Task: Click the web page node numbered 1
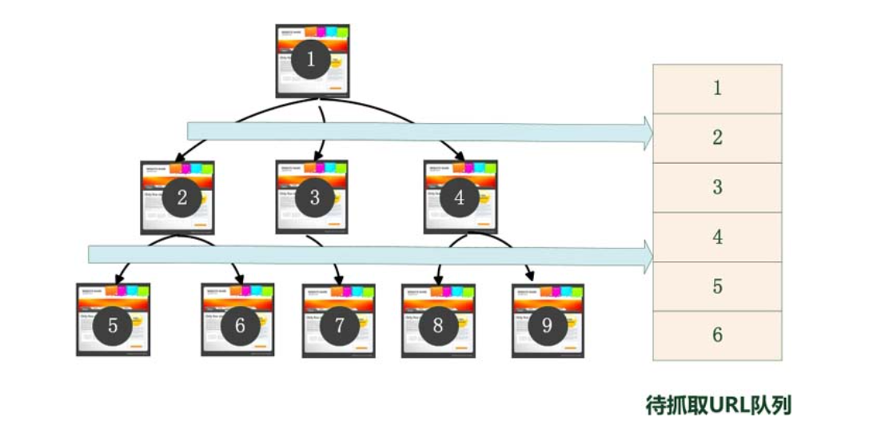pos(313,61)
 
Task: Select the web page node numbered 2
pos(177,197)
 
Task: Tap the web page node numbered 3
pos(312,197)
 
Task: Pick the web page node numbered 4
pos(460,197)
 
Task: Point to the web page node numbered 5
pos(113,320)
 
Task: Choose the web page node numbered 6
pos(237,320)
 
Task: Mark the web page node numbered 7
pos(339,320)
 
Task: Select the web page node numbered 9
pos(548,320)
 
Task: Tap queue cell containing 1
pos(717,89)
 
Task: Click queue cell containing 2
pos(717,138)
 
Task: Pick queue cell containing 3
pos(717,188)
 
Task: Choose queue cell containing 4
pos(717,237)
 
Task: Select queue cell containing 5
pos(717,287)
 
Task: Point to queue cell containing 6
pos(717,336)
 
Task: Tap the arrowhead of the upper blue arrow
pos(647,133)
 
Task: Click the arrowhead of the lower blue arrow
pos(647,256)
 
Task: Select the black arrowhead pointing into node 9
pos(529,277)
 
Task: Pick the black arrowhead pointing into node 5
pos(118,278)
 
